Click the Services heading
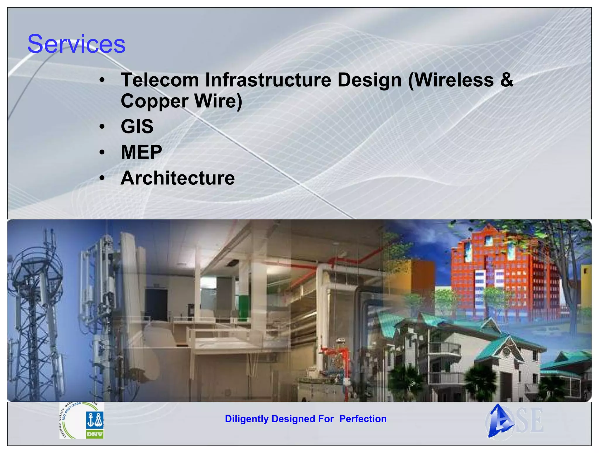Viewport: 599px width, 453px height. coord(76,44)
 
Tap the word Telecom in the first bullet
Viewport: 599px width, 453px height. coord(160,80)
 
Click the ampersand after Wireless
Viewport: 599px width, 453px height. coord(507,80)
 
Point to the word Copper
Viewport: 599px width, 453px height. coord(154,101)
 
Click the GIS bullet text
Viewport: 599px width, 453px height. coord(137,126)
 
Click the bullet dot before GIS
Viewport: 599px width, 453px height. coord(101,127)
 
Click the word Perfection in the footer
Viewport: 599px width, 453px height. coord(363,419)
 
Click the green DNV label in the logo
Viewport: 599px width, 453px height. coord(95,434)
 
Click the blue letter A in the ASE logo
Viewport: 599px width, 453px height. coord(500,421)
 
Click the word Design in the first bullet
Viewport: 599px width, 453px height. coord(369,80)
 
